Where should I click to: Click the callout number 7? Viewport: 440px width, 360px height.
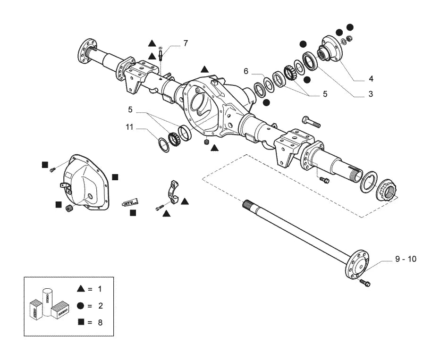186,43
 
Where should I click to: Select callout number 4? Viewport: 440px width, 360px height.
371,79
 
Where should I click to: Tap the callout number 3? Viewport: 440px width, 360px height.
371,94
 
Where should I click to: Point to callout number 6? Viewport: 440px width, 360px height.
246,71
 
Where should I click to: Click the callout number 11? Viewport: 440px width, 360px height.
129,127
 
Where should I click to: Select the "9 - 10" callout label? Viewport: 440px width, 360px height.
406,259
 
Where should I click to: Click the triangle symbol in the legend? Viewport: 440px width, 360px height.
81,288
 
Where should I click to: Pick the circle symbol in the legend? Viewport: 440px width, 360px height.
81,306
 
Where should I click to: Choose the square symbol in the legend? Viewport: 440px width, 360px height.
81,322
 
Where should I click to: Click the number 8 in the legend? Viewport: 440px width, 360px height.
100,322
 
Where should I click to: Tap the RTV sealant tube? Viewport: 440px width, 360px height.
130,201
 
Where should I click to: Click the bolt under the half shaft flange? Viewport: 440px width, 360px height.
365,283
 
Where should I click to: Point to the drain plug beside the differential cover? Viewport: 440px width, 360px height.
69,209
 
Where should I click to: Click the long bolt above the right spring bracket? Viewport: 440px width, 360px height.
311,122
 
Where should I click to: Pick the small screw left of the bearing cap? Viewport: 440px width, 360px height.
159,208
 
